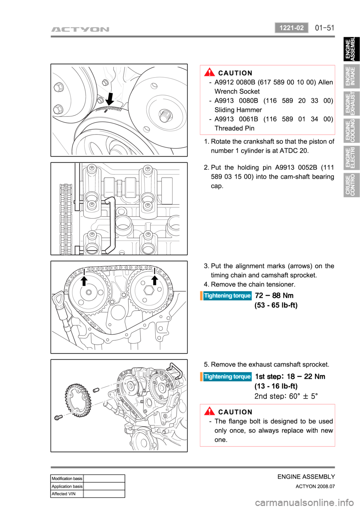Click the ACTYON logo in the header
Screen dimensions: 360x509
point(80,29)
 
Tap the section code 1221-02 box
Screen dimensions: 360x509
point(291,28)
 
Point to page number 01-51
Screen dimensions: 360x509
point(324,28)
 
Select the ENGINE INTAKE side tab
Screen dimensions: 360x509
point(351,76)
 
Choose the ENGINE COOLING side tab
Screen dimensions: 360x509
point(351,131)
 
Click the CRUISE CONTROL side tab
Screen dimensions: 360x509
point(351,185)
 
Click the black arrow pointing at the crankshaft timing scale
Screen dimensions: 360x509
point(110,99)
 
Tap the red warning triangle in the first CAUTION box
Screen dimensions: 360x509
point(209,72)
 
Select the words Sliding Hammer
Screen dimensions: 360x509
point(238,110)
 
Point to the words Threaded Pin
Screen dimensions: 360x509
point(234,128)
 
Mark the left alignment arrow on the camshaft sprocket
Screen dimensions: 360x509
point(84,281)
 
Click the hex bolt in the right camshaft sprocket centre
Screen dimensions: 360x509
point(149,290)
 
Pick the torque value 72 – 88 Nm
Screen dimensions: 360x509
point(274,295)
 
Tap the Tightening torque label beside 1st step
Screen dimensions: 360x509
point(227,377)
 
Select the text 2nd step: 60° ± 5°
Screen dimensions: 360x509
point(286,396)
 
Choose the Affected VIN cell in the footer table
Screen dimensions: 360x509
point(67,494)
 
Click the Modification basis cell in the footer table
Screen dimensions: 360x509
point(67,479)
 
